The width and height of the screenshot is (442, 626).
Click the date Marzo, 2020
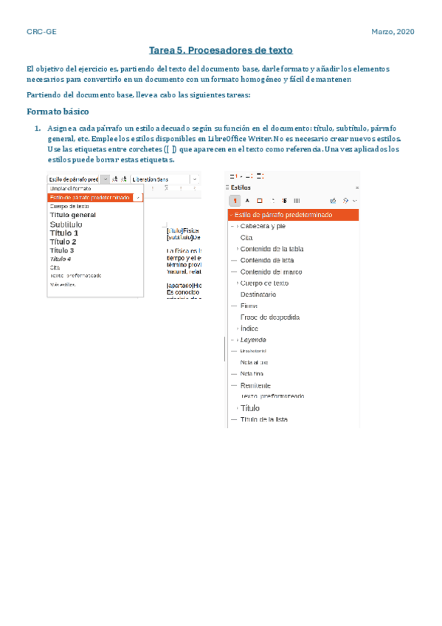(x=394, y=32)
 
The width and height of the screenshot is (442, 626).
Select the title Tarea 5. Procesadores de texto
(x=221, y=51)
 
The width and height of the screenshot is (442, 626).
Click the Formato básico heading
(x=58, y=112)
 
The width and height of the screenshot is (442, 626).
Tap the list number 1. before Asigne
(x=32, y=128)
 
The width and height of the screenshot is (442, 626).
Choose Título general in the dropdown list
(x=73, y=215)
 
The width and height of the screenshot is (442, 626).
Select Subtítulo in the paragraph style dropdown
(x=67, y=224)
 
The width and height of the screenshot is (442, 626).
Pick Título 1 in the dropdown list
(x=64, y=233)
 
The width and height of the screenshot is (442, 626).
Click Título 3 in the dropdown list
(x=62, y=250)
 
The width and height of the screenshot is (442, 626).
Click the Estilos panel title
(x=241, y=188)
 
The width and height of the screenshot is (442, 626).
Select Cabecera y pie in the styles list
(x=263, y=226)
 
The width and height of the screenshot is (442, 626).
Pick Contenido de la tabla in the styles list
(x=272, y=249)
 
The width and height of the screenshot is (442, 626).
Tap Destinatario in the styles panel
(x=258, y=294)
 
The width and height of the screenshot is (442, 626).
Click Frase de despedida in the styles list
(x=269, y=317)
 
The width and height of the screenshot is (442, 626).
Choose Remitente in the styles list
(x=255, y=385)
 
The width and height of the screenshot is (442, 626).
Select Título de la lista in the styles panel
(x=263, y=419)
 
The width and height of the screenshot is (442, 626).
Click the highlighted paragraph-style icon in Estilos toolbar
(x=235, y=200)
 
